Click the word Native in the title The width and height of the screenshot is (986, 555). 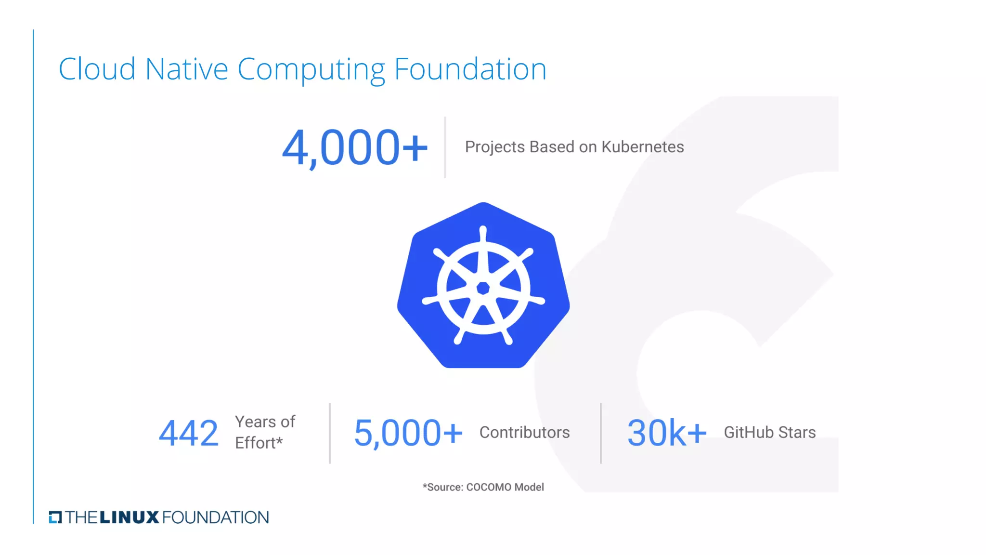point(186,69)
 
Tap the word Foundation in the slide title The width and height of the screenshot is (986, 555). point(470,69)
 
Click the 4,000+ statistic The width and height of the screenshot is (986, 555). point(354,147)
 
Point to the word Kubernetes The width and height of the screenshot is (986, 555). point(642,147)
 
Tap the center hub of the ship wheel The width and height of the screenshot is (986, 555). point(483,288)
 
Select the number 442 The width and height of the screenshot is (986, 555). point(188,433)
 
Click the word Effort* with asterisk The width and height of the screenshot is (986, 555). point(259,443)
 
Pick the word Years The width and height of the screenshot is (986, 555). point(255,422)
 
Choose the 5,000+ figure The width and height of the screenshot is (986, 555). point(408,433)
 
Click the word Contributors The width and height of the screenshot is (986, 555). point(524,433)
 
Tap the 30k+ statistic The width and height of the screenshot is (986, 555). point(666,433)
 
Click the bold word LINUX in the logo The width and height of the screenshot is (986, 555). point(129,517)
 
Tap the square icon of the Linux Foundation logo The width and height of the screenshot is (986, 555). point(55,517)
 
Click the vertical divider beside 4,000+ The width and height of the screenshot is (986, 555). point(445,147)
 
